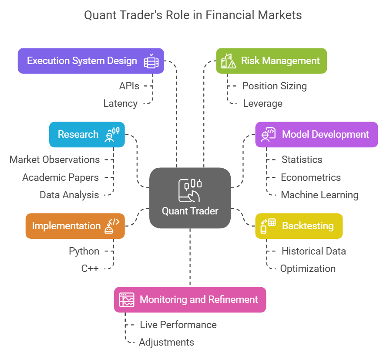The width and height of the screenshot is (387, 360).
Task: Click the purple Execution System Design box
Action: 91,61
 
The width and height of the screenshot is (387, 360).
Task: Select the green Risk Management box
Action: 271,61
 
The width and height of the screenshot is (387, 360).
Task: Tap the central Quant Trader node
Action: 190,198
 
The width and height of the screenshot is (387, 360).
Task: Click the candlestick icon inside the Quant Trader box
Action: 190,190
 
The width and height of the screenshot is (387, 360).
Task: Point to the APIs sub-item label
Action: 129,86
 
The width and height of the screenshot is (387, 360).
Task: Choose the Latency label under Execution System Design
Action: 121,104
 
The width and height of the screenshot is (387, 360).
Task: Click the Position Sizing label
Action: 274,86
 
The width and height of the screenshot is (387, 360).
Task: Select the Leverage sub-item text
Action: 262,104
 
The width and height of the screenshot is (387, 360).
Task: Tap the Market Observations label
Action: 54,160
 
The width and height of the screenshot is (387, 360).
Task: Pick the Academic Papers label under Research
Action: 61,177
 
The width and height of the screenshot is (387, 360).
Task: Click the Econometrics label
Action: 310,177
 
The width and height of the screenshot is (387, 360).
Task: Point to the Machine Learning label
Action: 320,195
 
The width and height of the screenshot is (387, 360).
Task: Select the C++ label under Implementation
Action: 90,268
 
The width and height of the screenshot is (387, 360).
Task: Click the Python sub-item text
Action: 84,251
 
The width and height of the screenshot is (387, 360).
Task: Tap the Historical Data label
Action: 313,251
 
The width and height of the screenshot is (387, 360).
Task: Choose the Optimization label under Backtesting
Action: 308,268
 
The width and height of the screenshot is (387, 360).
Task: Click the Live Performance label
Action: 178,325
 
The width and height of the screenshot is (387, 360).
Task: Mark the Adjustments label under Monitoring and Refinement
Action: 166,342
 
